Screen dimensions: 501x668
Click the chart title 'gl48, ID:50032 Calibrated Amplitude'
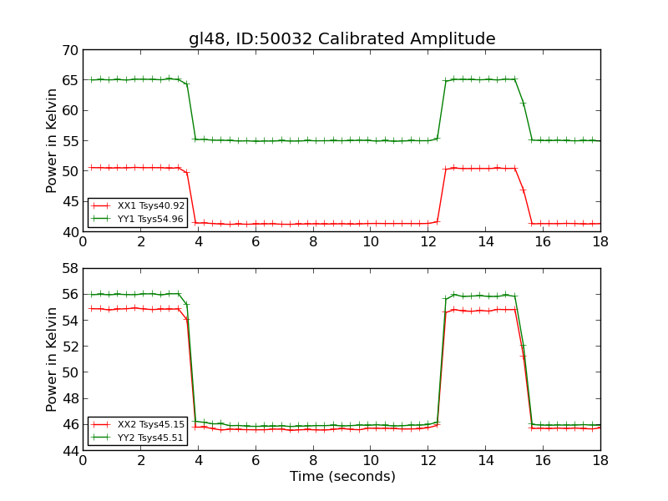click(342, 39)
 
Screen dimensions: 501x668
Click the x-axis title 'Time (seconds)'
click(342, 477)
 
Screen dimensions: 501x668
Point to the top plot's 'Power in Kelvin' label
click(52, 140)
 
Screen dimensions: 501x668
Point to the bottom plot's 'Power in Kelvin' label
click(52, 359)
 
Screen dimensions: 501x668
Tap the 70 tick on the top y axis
click(69, 50)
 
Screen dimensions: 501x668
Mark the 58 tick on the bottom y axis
click(69, 268)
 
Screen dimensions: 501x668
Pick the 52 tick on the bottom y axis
click(69, 347)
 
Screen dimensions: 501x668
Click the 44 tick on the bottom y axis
click(69, 451)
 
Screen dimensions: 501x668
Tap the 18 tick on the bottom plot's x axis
click(600, 460)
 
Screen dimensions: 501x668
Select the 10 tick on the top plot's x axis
click(370, 241)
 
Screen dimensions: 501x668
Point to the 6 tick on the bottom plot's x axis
click(256, 460)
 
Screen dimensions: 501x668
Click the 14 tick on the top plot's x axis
click(485, 241)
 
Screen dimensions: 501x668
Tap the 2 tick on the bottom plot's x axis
click(140, 460)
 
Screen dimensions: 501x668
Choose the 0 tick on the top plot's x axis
click(83, 241)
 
